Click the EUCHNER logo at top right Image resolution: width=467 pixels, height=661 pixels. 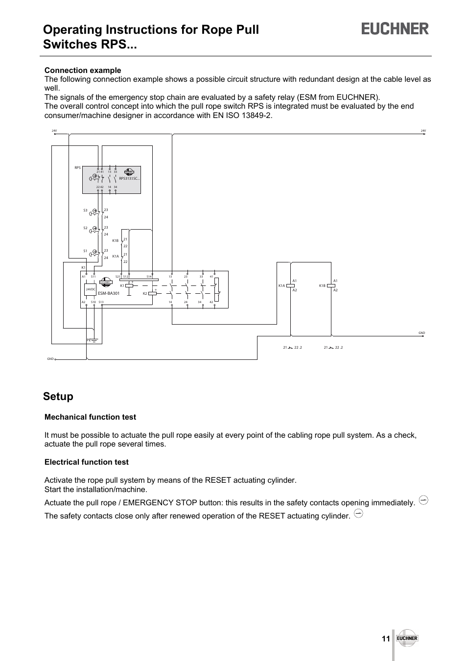395,29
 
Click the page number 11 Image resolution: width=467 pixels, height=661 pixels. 386,639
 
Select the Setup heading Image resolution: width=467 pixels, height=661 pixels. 58,397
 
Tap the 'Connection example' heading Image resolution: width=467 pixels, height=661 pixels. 83,70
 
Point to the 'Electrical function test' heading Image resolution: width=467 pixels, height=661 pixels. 87,462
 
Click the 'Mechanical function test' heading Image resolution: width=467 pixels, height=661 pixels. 90,417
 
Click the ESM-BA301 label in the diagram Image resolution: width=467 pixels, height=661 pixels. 109,293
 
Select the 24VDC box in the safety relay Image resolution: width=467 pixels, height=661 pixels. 90,290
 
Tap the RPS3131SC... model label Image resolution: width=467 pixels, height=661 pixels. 130,178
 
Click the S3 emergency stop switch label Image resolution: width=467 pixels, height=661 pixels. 85,211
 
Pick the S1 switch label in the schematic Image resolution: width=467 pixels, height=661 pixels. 85,251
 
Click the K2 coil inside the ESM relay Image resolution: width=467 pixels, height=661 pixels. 152,294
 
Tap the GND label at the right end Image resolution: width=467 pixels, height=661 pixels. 421,333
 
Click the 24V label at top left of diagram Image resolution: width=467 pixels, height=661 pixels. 54,131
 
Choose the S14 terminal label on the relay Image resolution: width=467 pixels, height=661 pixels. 149,277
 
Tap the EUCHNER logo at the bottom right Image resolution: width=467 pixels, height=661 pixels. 407,638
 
